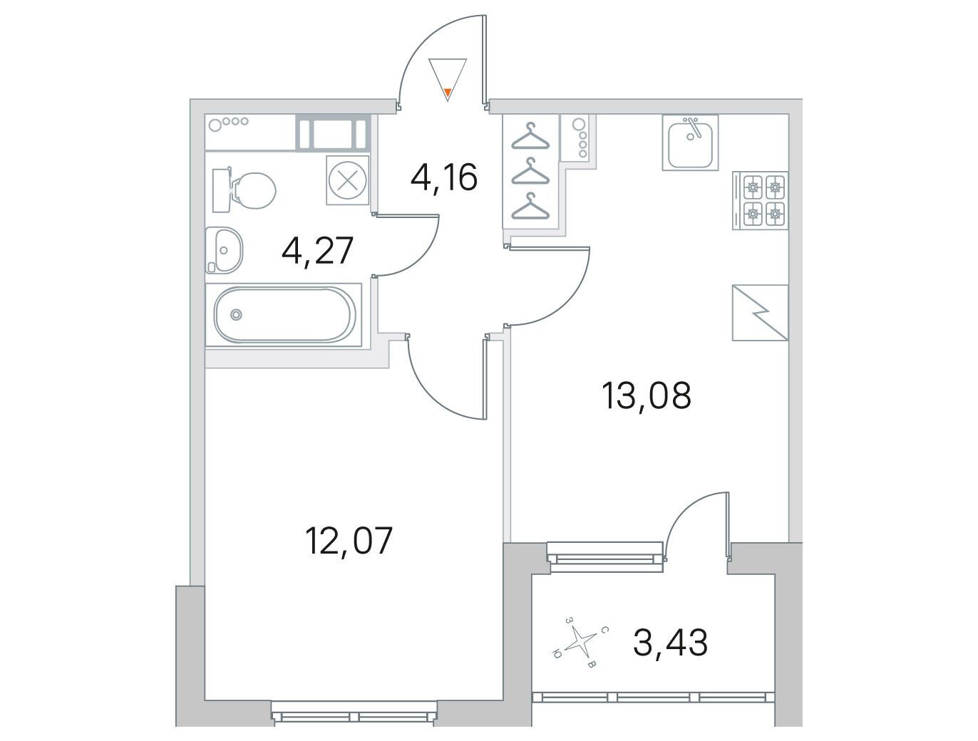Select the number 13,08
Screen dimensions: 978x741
pyautogui.click(x=646, y=395)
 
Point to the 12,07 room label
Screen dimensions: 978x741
pyautogui.click(x=349, y=541)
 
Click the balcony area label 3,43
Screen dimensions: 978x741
pyautogui.click(x=670, y=643)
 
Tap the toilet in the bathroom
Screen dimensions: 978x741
pyautogui.click(x=244, y=190)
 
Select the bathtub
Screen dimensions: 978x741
pyautogui.click(x=284, y=315)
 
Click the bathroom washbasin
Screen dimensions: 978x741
pyautogui.click(x=224, y=250)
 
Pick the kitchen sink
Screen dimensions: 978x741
pyautogui.click(x=690, y=142)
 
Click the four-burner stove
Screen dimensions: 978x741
pyautogui.click(x=760, y=200)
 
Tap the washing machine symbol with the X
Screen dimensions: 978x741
pyautogui.click(x=348, y=180)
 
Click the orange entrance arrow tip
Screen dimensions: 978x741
pyautogui.click(x=448, y=93)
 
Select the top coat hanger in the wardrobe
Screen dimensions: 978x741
pyautogui.click(x=530, y=135)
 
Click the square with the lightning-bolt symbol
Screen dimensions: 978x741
pyautogui.click(x=760, y=313)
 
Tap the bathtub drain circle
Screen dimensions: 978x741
pyautogui.click(x=236, y=315)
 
